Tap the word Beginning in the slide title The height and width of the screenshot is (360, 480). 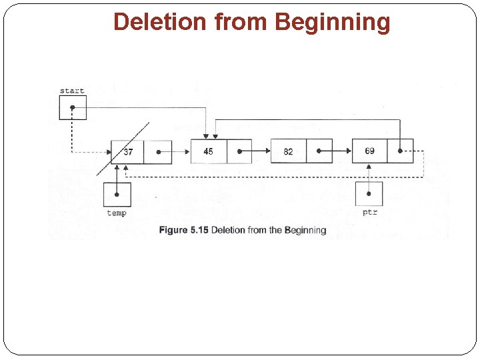332,22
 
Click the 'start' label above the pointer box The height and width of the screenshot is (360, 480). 72,91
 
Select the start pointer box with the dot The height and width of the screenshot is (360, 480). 73,107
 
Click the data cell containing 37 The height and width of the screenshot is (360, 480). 127,152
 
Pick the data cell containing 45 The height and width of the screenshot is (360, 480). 209,151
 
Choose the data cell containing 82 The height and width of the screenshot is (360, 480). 288,151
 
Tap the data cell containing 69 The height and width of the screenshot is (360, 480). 369,151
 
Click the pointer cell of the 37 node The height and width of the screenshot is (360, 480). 158,152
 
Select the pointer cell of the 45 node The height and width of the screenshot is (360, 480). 239,151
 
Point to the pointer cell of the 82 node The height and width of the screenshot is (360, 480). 319,151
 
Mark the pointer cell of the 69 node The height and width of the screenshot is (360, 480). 400,151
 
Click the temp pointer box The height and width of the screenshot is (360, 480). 117,194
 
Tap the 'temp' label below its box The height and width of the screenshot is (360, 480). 117,213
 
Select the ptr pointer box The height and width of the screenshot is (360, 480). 369,194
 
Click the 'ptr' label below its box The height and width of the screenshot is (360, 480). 370,213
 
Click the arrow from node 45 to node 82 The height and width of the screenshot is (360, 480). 261,151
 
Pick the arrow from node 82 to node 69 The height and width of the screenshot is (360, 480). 342,151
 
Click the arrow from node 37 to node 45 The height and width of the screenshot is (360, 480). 181,152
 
